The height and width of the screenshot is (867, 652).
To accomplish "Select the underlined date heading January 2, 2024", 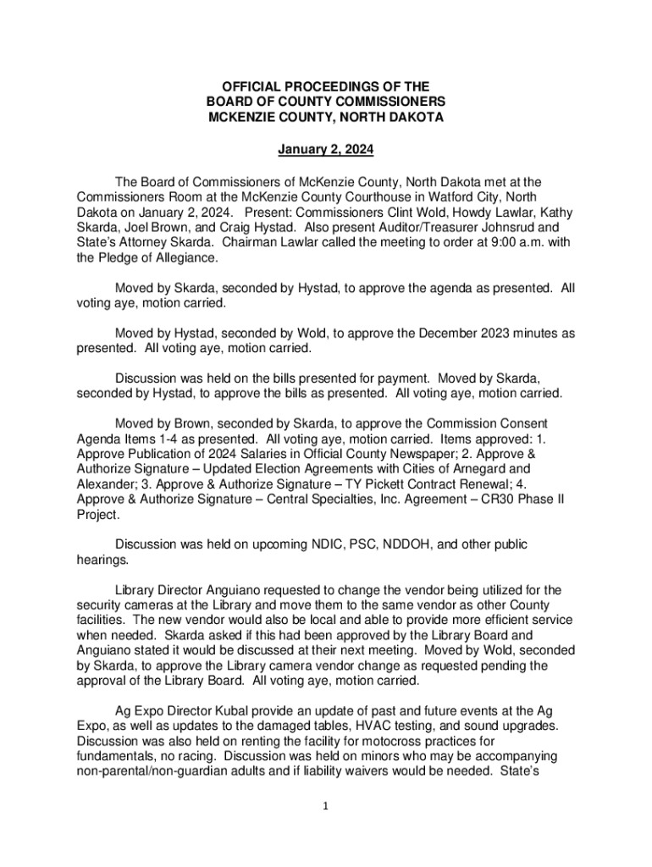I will point(326,151).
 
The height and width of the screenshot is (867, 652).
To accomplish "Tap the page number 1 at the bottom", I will point(326,806).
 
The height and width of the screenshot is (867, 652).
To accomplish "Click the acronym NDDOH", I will point(395,544).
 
